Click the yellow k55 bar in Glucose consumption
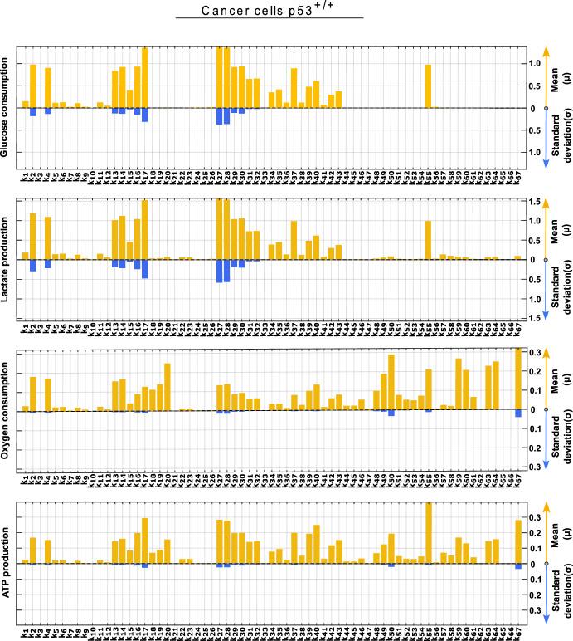click(428, 86)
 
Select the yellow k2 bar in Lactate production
click(33, 225)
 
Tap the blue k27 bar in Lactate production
click(220, 272)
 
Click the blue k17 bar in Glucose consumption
click(145, 115)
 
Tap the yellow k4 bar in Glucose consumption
click(48, 88)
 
